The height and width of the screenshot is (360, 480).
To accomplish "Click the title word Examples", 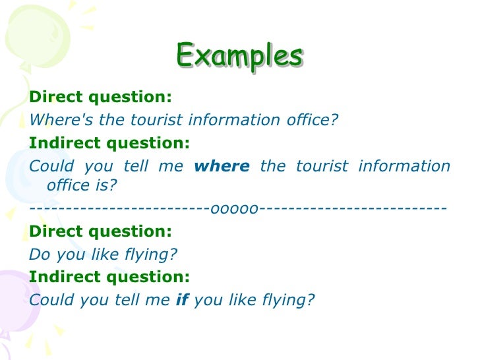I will pos(239,55).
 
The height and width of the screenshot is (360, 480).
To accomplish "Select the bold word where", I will pos(222,165).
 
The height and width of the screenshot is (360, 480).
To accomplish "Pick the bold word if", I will pos(182,300).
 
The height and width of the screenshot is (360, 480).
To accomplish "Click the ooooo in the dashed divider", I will pos(234,209).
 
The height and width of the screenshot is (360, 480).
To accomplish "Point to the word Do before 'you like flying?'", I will pos(39,255).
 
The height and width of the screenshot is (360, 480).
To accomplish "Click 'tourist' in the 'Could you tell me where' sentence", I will pos(318,165).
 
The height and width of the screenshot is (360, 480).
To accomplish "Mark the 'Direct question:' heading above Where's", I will pos(100,97).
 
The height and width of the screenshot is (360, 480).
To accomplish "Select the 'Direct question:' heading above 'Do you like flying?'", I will pos(100,231).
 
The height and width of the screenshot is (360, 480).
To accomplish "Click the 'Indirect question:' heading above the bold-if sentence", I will pos(109,277).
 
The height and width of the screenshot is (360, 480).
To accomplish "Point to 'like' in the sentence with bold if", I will pos(240,300).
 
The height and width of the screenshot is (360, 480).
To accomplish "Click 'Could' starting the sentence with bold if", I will pos(52,300).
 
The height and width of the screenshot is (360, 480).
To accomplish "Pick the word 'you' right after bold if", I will pos(208,300).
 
